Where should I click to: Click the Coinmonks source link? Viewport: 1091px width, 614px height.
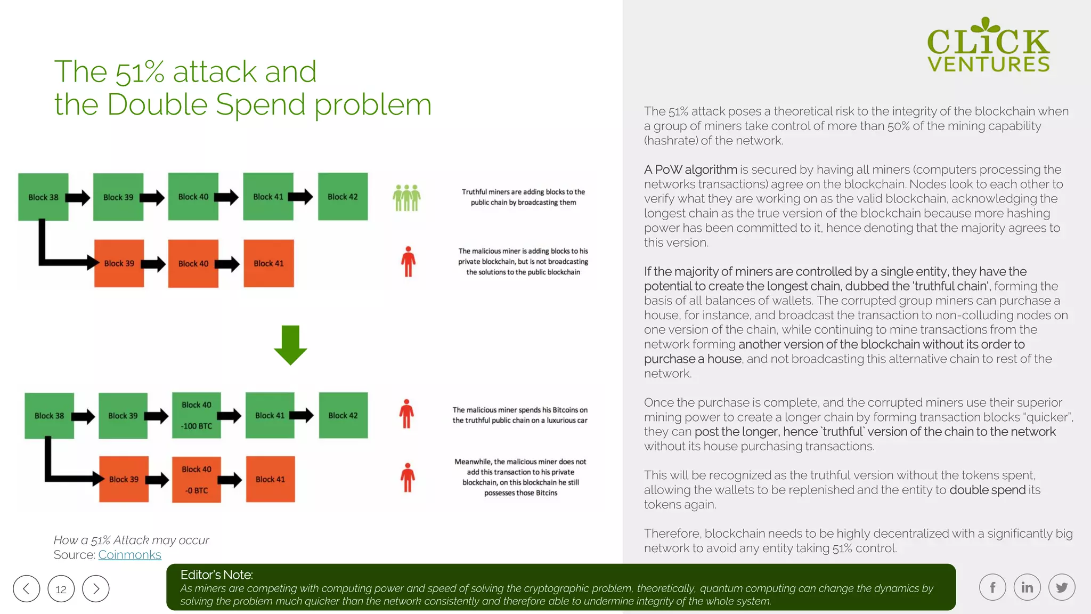129,555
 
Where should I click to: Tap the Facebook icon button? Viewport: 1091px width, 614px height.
992,587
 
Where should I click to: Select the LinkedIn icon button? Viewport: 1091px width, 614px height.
1027,587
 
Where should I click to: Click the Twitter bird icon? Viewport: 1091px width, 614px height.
1062,587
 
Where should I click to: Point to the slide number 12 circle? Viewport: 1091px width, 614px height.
61,589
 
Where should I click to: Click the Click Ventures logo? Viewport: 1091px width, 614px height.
988,45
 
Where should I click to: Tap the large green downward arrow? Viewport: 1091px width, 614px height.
290,345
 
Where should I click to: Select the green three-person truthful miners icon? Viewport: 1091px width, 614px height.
406,198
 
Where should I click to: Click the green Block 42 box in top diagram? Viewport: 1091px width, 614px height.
343,197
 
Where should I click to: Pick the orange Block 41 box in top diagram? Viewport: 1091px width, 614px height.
268,263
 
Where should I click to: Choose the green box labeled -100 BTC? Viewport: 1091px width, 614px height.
197,415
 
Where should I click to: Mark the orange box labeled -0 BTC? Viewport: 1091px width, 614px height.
197,479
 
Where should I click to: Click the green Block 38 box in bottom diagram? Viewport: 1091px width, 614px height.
49,416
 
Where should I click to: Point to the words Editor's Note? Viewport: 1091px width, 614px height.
216,575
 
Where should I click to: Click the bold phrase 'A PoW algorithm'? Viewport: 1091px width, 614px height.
690,169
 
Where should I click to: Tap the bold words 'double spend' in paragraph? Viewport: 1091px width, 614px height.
987,490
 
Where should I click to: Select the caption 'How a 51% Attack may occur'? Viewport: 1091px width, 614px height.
132,540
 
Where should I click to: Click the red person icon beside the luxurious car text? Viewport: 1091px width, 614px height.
406,414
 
